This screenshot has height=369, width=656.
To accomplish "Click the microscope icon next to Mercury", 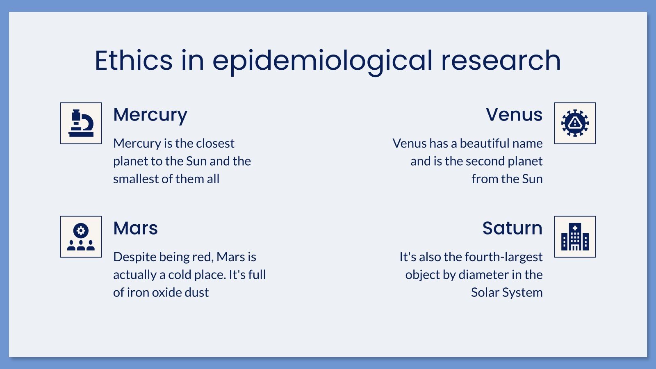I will point(81,123).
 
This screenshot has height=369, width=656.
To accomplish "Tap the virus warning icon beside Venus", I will point(575,123).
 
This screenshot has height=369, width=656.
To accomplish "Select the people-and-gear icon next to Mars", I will point(81,237).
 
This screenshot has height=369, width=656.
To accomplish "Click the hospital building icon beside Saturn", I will point(575,237).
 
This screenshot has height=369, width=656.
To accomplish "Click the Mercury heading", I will point(150,115).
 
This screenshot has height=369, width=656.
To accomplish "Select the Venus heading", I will point(514,114).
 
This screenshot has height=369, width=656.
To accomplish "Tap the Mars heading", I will point(135,228).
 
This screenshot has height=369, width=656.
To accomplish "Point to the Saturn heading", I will point(512,228).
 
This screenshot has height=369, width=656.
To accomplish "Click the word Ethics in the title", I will point(134,61).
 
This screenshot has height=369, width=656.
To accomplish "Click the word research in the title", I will point(501,61).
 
